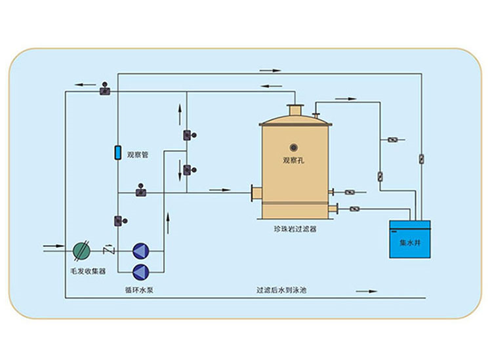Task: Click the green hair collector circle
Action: [x=81, y=250]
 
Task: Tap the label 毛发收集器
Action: [x=87, y=270]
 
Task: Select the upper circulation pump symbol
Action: [x=141, y=250]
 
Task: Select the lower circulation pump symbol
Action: [x=141, y=271]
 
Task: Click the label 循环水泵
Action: [x=138, y=289]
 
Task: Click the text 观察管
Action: [x=138, y=155]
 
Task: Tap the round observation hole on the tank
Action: [x=294, y=147]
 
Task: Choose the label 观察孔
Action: [x=295, y=159]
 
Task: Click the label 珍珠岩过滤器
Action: [x=295, y=229]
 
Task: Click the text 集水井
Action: [x=410, y=242]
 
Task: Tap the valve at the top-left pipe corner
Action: [x=105, y=89]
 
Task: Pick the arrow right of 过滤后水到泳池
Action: [x=367, y=289]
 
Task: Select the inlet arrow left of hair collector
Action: [x=52, y=247]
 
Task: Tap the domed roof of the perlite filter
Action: [x=295, y=120]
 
